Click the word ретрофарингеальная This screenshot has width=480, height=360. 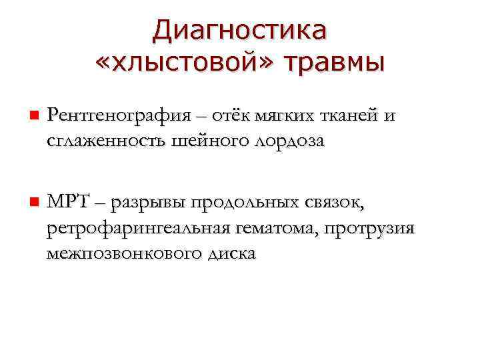pos(137,229)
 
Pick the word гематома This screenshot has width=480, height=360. pos(277,228)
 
